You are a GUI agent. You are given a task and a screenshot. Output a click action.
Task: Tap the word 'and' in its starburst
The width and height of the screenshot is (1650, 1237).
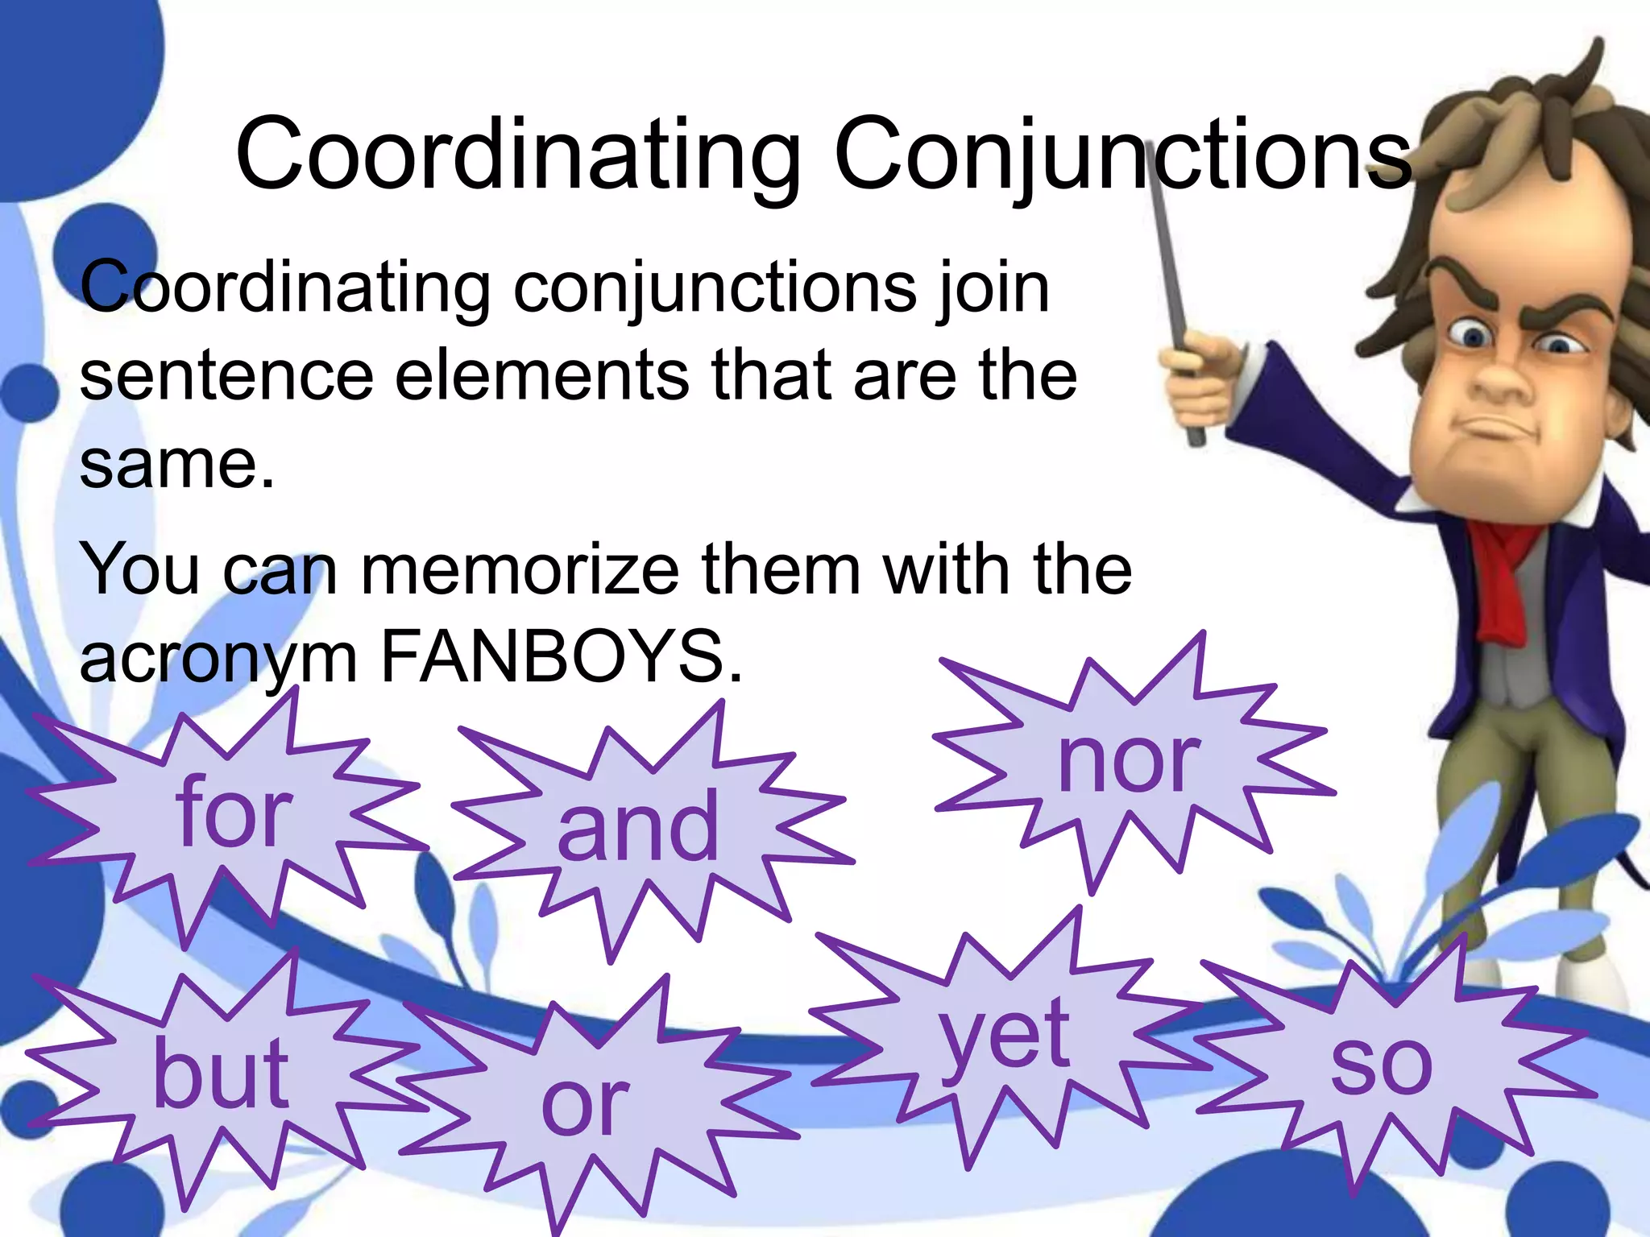coord(638,826)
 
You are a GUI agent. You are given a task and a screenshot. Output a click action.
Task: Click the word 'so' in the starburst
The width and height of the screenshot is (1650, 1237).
coord(1381,1063)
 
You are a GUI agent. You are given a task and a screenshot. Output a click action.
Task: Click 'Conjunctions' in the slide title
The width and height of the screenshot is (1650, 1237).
coord(1123,155)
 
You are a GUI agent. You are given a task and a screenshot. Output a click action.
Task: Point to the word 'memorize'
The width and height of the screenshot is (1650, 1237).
coord(520,569)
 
